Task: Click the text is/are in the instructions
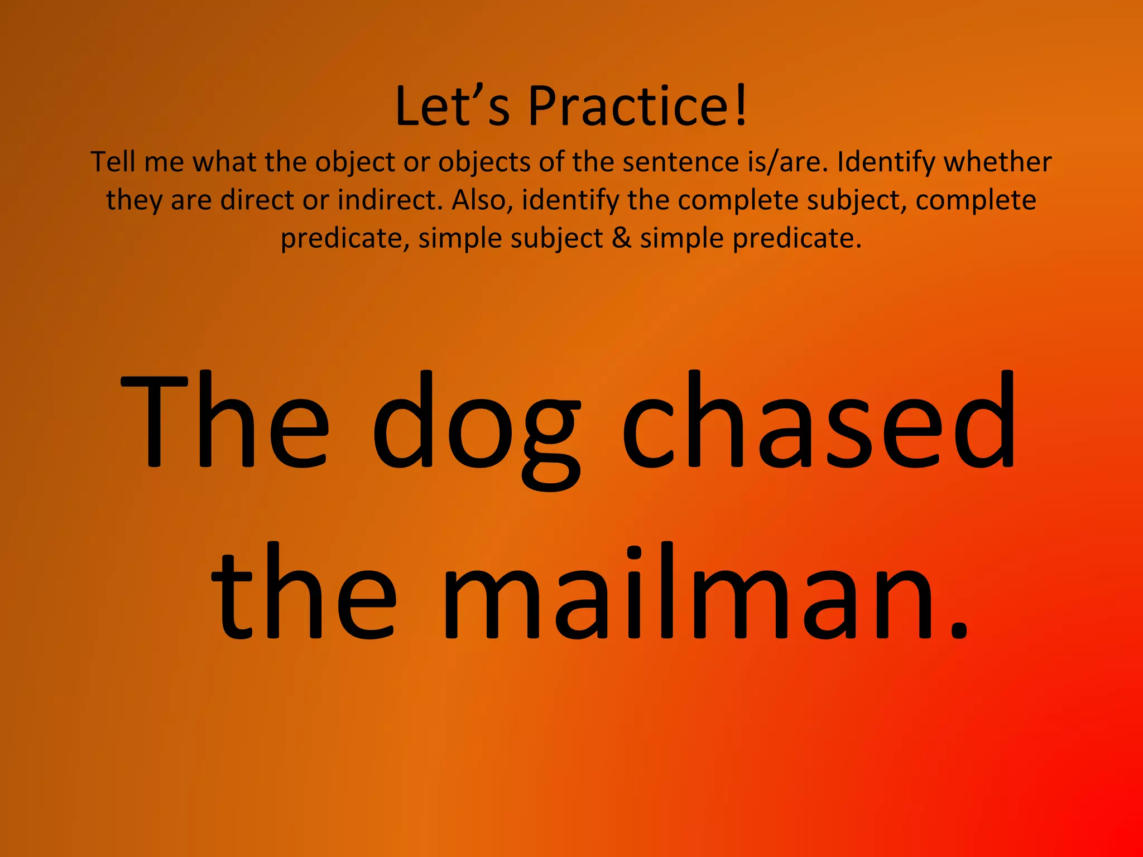787,162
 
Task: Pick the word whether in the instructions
997,162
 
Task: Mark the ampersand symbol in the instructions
621,238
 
